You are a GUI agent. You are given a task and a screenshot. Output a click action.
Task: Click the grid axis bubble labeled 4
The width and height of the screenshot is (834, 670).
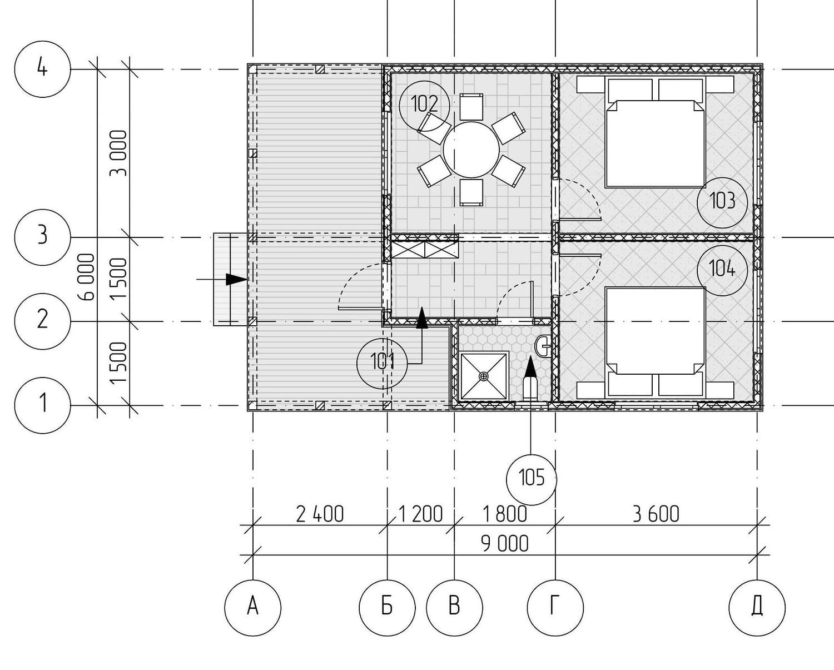click(x=43, y=69)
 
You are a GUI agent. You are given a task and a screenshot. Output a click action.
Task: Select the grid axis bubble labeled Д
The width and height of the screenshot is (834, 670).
click(x=757, y=608)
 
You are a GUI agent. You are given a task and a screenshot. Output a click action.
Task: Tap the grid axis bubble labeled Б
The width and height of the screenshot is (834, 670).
click(x=387, y=608)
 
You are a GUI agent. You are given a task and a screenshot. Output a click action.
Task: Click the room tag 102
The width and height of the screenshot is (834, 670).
click(x=424, y=106)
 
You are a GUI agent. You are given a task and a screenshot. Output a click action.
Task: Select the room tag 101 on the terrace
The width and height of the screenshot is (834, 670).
click(x=382, y=363)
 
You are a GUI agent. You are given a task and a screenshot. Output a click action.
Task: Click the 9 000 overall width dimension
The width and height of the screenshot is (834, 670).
click(x=505, y=544)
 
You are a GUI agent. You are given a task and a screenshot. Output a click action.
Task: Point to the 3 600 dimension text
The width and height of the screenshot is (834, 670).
click(x=656, y=514)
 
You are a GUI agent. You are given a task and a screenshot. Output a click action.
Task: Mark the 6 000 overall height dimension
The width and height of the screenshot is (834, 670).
click(x=88, y=277)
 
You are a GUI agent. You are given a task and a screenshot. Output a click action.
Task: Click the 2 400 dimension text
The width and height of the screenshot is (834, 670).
click(x=320, y=515)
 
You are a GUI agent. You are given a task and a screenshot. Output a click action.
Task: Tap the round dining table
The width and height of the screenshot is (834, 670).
click(x=471, y=150)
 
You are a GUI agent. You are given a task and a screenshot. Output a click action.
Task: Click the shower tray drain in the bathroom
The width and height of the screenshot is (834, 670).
click(x=483, y=376)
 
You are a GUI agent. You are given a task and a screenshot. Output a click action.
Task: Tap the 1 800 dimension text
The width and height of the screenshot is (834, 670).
click(x=505, y=515)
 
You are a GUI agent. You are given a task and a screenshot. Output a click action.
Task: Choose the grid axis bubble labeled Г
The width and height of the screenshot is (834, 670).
click(x=555, y=608)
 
